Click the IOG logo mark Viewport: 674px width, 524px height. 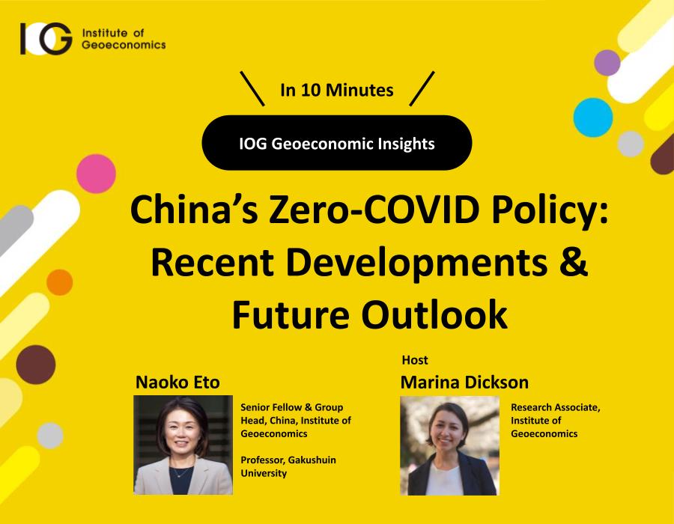(46, 39)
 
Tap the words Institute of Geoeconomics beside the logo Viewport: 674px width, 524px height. (124, 39)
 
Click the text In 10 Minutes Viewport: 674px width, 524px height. (336, 90)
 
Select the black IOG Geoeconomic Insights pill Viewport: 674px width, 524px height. (337, 142)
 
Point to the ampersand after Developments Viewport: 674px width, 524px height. (574, 262)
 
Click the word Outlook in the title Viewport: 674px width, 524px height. (434, 314)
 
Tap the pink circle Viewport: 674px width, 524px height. (97, 174)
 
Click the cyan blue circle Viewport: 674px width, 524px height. (593, 118)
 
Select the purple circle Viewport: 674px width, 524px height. (607, 63)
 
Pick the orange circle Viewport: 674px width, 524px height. (60, 282)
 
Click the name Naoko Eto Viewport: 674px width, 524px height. (177, 383)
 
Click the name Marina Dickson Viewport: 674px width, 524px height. (464, 383)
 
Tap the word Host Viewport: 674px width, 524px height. (415, 360)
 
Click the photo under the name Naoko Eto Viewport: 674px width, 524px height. (183, 445)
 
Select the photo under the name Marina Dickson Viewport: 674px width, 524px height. (449, 445)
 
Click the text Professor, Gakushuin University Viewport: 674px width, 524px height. (288, 466)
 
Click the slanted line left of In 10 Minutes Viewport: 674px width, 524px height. (252, 88)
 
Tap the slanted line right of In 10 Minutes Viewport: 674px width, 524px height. (422, 88)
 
